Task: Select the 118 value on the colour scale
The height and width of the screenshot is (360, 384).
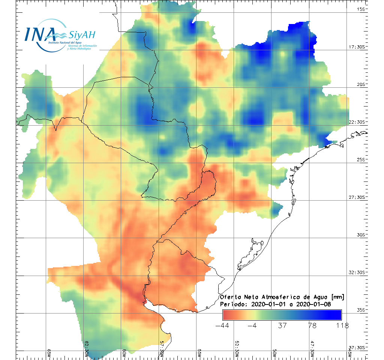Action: click(342, 325)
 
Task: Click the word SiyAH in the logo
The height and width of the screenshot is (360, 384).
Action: click(82, 35)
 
